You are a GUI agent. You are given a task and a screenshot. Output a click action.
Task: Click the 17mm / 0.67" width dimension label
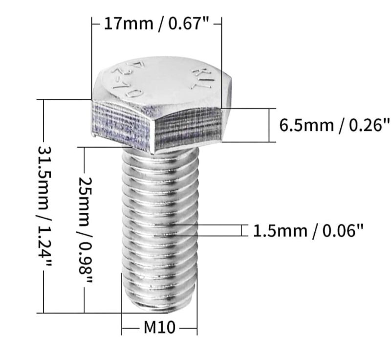157,23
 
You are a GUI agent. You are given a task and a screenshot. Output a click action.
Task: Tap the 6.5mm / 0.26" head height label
335,125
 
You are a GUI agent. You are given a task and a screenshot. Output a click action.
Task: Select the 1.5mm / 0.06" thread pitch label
308,230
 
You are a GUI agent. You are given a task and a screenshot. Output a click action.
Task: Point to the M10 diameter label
159,327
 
